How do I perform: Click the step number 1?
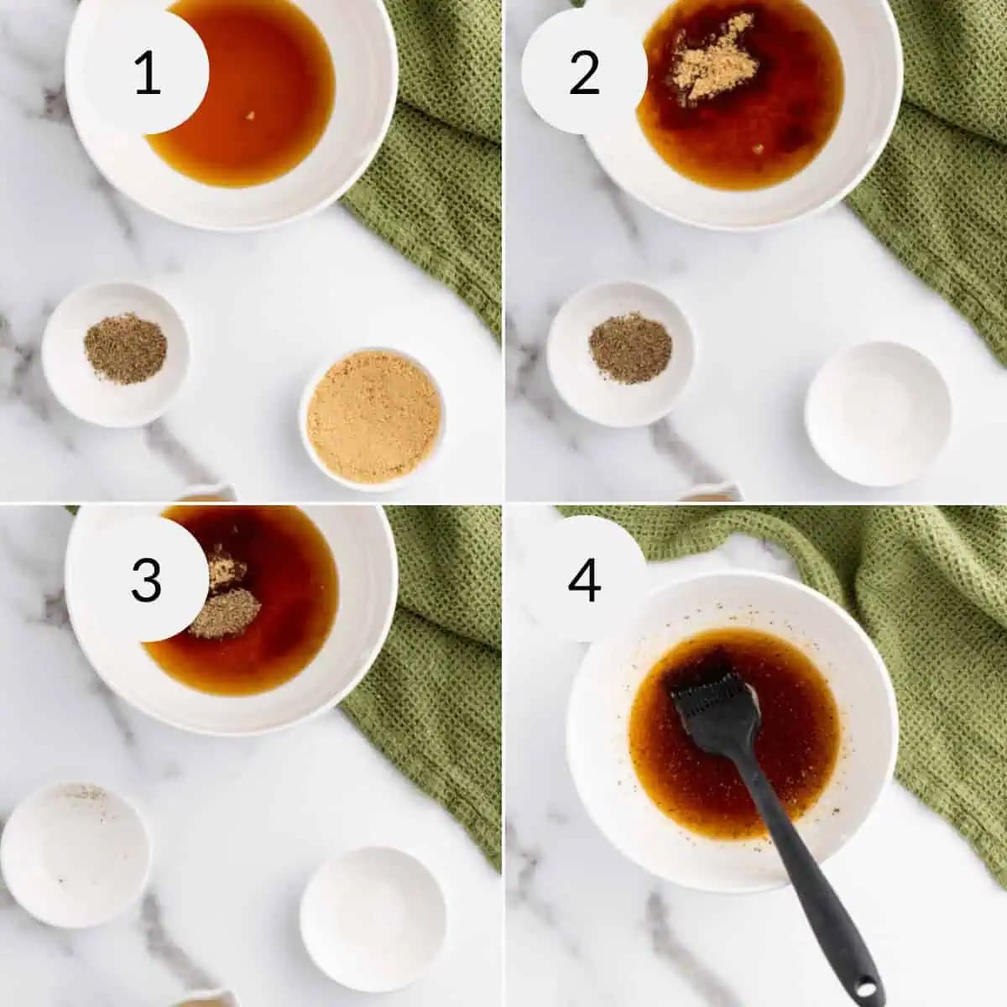pyautogui.click(x=148, y=73)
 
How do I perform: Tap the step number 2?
pyautogui.click(x=584, y=73)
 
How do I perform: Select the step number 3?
pyautogui.click(x=146, y=580)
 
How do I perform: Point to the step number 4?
pyautogui.click(x=584, y=580)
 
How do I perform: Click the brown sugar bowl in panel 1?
pyautogui.click(x=372, y=419)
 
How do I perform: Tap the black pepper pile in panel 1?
pyautogui.click(x=125, y=348)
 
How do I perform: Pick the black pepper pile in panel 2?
pyautogui.click(x=630, y=347)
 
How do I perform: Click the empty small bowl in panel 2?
pyautogui.click(x=878, y=414)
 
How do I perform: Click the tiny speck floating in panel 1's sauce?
pyautogui.click(x=251, y=115)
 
